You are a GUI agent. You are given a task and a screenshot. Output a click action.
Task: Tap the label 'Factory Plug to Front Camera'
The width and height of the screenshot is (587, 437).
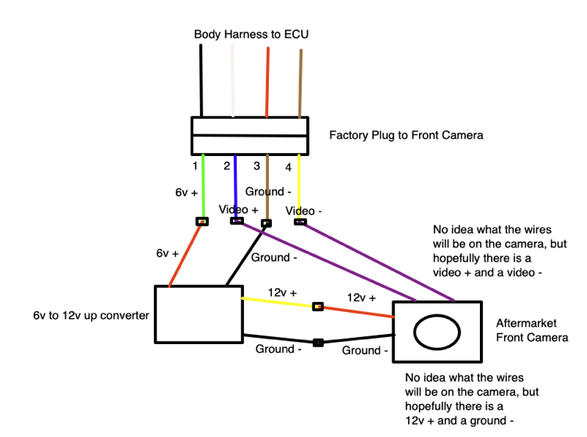[x=406, y=135]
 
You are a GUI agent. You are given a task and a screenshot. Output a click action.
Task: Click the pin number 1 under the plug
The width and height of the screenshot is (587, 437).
[x=195, y=165]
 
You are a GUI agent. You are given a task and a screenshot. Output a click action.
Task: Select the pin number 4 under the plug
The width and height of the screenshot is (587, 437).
[x=288, y=166]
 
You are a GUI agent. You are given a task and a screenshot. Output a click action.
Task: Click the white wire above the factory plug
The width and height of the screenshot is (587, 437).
[x=232, y=78]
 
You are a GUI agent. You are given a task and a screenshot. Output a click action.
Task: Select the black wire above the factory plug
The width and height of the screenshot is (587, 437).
[x=201, y=78]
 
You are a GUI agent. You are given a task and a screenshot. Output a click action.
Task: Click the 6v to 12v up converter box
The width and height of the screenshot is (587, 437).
[x=199, y=314]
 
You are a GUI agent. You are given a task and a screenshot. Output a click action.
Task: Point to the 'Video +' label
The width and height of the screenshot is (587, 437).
[x=238, y=209]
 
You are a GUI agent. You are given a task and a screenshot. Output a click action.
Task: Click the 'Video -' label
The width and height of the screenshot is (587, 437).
[x=306, y=211]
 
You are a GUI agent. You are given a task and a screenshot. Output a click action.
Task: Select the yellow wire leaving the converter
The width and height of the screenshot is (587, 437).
[x=277, y=301]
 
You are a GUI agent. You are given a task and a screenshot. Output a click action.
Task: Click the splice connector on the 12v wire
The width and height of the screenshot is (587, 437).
[x=317, y=306]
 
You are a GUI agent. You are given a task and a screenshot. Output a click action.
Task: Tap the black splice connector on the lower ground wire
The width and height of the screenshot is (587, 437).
[x=318, y=342]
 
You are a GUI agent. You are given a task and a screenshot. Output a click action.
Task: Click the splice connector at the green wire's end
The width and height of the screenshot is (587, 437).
[x=202, y=222]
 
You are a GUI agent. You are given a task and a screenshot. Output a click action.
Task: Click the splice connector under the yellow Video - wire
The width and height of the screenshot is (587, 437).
[x=300, y=222]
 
